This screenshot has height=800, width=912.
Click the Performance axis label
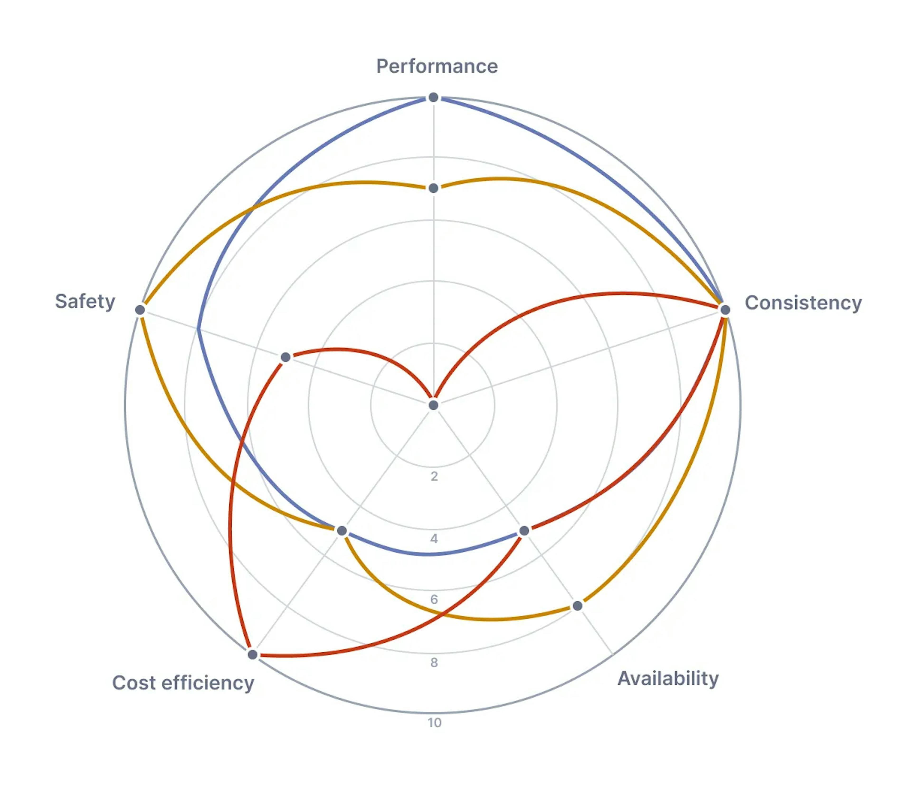(x=437, y=66)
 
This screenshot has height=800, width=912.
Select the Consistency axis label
(x=803, y=303)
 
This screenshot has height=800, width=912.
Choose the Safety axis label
(x=85, y=301)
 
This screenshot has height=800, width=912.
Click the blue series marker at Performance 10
(x=433, y=97)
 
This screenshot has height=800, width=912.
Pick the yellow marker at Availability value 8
(x=577, y=606)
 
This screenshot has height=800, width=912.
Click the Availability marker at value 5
(x=524, y=530)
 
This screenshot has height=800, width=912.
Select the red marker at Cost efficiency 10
(x=252, y=655)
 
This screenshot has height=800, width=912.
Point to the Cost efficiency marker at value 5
(x=342, y=530)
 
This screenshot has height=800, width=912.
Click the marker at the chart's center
(x=433, y=405)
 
